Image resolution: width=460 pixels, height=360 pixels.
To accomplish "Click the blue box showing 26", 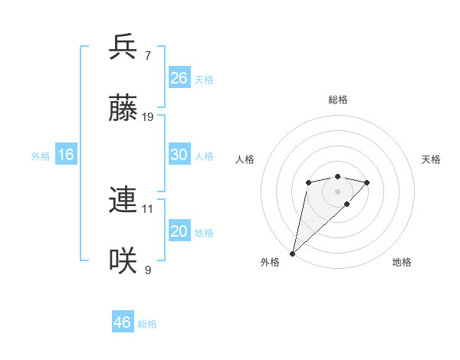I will (179, 78).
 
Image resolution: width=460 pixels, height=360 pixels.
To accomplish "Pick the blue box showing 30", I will (179, 155).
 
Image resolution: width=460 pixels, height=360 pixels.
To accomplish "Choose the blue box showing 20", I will (179, 231).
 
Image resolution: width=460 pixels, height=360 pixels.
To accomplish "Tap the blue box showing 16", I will (66, 155).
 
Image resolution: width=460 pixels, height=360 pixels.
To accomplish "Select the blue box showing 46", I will (123, 322).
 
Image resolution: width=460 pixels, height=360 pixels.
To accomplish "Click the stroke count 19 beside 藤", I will (149, 117).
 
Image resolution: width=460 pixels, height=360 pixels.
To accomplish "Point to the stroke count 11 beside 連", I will (148, 208).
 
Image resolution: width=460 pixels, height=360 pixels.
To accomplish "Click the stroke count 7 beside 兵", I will (146, 56).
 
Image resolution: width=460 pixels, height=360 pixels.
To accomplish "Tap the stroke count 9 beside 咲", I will (147, 270).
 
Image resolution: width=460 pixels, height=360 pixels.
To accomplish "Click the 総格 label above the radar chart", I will (338, 100).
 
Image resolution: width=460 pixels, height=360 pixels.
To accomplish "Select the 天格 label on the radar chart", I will (431, 159).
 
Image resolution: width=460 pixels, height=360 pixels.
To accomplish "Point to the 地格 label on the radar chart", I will (402, 262).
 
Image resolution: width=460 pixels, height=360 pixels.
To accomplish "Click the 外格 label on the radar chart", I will (270, 262).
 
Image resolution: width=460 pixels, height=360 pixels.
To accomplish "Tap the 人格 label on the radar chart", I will (245, 159).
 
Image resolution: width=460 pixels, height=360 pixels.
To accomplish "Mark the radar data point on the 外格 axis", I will (292, 253).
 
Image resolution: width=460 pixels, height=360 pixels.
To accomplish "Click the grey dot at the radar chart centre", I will (338, 191).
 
